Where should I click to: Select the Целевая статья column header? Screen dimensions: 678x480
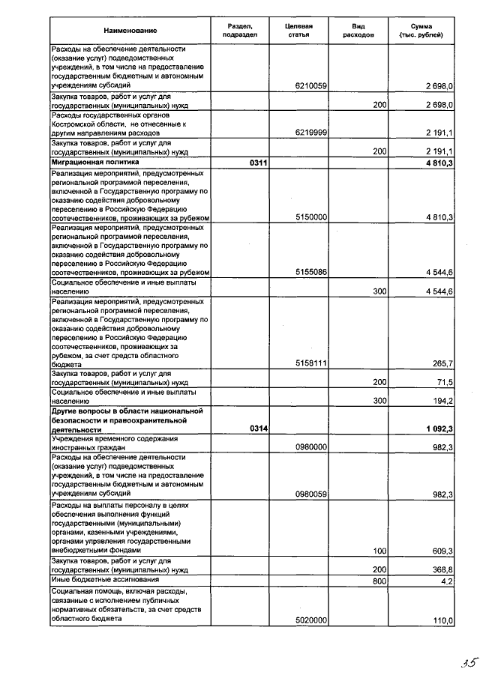(298, 30)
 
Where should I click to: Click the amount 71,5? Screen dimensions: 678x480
(444, 382)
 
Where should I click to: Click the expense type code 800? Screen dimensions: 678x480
(379, 580)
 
